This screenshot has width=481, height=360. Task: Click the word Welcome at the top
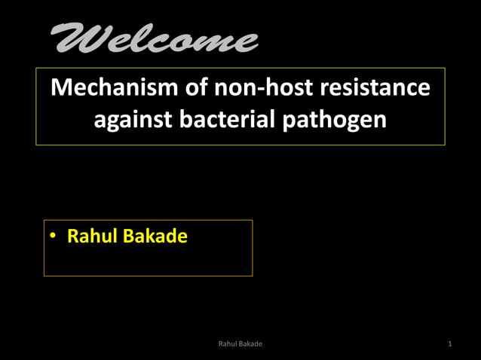(x=155, y=38)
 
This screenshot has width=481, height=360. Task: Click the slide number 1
(x=449, y=344)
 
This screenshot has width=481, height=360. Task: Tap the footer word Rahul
(x=228, y=344)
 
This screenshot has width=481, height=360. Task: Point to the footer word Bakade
(x=250, y=344)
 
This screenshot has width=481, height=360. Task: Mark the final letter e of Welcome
(x=246, y=42)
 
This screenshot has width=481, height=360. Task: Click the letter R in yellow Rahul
(x=73, y=236)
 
